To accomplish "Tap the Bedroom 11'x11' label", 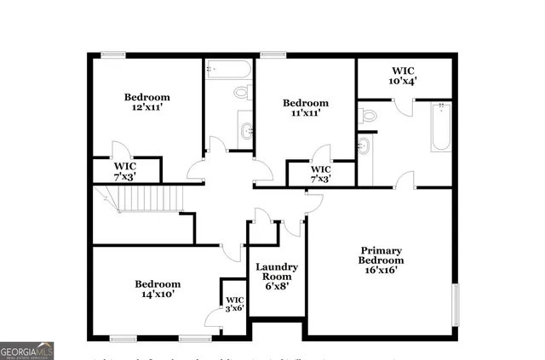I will (x=306, y=108).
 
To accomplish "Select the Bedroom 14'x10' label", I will (x=158, y=289).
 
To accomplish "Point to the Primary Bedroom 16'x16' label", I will (x=381, y=260).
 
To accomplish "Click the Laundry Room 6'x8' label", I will (x=275, y=277).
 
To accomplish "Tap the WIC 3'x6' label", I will (x=234, y=305).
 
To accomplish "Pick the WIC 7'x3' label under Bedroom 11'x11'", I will (x=320, y=174).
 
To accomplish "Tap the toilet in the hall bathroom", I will (x=241, y=91).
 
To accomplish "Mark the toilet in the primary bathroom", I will (x=368, y=113).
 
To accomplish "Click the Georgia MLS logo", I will (x=27, y=350).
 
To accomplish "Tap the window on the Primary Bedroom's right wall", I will (x=455, y=305).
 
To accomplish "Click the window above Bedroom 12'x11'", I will (x=112, y=55).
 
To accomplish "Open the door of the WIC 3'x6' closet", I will (x=213, y=317).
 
